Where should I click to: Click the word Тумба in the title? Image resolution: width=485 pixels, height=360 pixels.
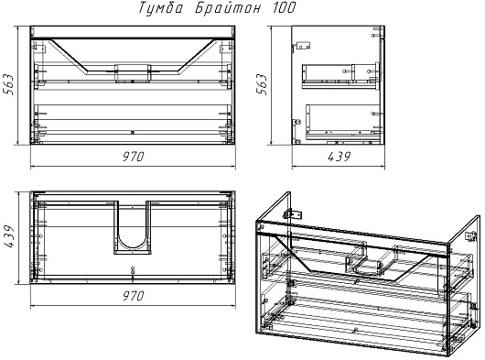[x=160, y=7]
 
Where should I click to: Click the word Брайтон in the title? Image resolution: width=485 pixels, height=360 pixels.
[x=228, y=7]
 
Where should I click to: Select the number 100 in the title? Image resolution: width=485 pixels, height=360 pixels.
[x=284, y=7]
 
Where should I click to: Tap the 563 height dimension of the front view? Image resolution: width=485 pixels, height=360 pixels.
[x=8, y=84]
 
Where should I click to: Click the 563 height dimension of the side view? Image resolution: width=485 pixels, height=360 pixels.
[x=261, y=84]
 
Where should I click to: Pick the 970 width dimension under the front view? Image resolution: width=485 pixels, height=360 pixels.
[x=133, y=157]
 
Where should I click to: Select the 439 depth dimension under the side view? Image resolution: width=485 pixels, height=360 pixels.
[x=339, y=157]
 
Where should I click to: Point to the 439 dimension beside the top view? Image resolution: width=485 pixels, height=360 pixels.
[x=8, y=236]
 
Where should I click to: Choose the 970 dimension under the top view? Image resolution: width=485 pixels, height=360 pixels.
[x=133, y=296]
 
